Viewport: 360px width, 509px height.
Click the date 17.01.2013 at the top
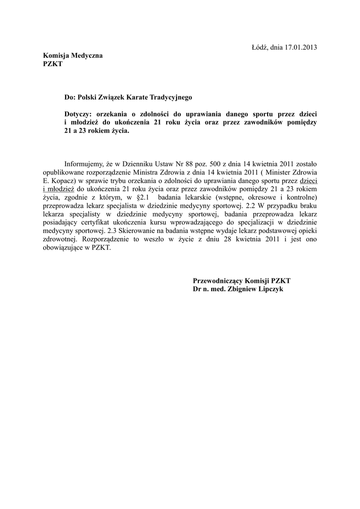click(x=300, y=47)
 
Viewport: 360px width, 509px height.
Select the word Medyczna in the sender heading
click(x=87, y=56)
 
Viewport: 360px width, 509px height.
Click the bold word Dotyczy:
click(x=79, y=114)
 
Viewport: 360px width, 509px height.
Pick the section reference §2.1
click(x=142, y=197)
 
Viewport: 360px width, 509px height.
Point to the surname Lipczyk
click(x=270, y=289)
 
